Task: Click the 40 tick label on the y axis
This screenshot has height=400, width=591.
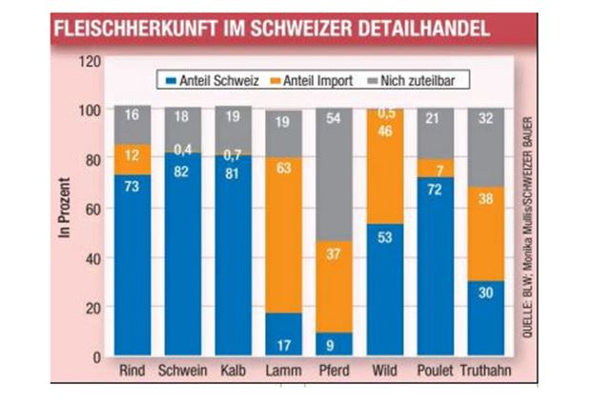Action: click(92, 258)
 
